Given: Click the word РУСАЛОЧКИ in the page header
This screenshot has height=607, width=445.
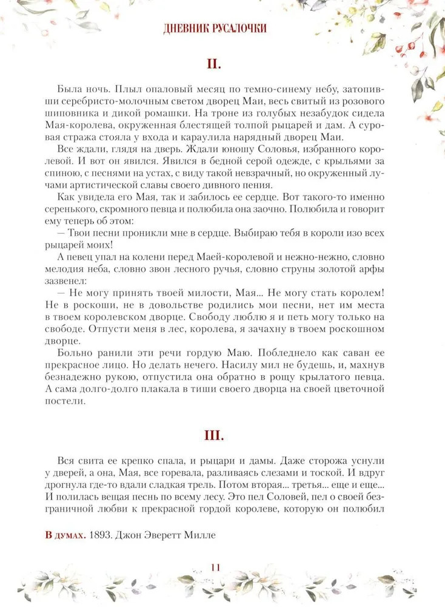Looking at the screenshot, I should pos(238,29).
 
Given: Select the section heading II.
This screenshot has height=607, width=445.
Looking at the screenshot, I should pos(222,63).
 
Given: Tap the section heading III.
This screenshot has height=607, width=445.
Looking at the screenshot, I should pos(222,435).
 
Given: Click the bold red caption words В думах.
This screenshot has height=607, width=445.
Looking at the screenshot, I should pos(65,535).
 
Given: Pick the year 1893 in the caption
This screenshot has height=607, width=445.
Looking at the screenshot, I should pos(98,535).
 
